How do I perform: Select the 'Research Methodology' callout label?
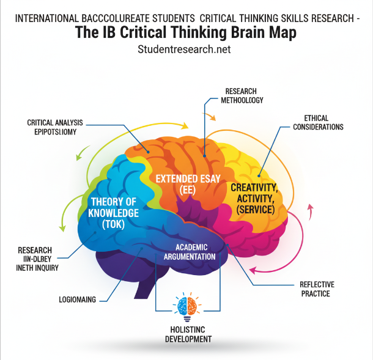pyautogui.click(x=244, y=96)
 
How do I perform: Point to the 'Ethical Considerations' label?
pyautogui.click(x=318, y=122)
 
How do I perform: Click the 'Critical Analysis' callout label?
pyautogui.click(x=55, y=127)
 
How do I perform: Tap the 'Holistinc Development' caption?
pyautogui.click(x=188, y=334)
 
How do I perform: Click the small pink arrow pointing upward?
pyautogui.click(x=309, y=213)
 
